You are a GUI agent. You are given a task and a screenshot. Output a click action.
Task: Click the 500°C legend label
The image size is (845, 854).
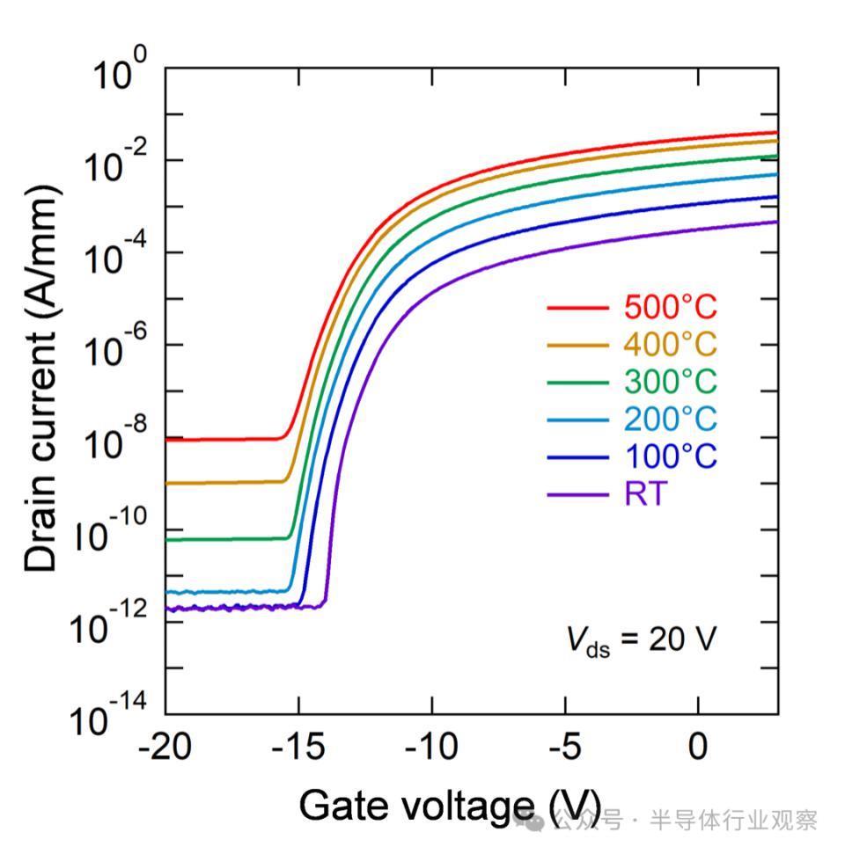[x=671, y=308]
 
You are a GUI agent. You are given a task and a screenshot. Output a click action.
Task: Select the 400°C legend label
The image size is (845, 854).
[x=671, y=345]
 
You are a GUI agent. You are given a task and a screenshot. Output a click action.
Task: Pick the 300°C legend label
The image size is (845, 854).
[x=671, y=382]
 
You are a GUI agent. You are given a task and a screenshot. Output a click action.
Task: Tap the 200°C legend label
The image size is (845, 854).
[x=671, y=420]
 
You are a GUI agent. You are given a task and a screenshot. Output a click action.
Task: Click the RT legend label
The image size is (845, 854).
[x=646, y=494]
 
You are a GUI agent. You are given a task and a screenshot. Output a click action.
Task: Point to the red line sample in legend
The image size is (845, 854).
[x=577, y=308]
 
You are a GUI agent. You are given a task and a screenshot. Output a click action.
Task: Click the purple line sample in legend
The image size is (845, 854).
[x=577, y=495]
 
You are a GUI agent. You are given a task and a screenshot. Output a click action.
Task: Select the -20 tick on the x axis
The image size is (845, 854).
[x=165, y=748]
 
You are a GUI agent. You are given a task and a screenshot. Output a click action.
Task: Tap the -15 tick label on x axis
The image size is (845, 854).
[x=298, y=748]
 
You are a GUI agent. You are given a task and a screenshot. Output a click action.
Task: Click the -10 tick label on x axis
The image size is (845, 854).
[x=431, y=748]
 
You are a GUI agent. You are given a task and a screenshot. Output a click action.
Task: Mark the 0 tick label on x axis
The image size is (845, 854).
[x=698, y=748]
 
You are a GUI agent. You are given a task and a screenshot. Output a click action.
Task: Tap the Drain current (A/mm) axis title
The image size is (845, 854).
[x=41, y=378]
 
